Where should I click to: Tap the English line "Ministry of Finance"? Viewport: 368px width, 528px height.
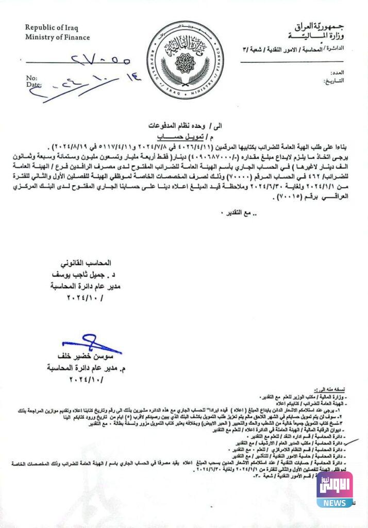[58, 37]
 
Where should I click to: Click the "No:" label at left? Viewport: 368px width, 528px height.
[31, 78]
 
